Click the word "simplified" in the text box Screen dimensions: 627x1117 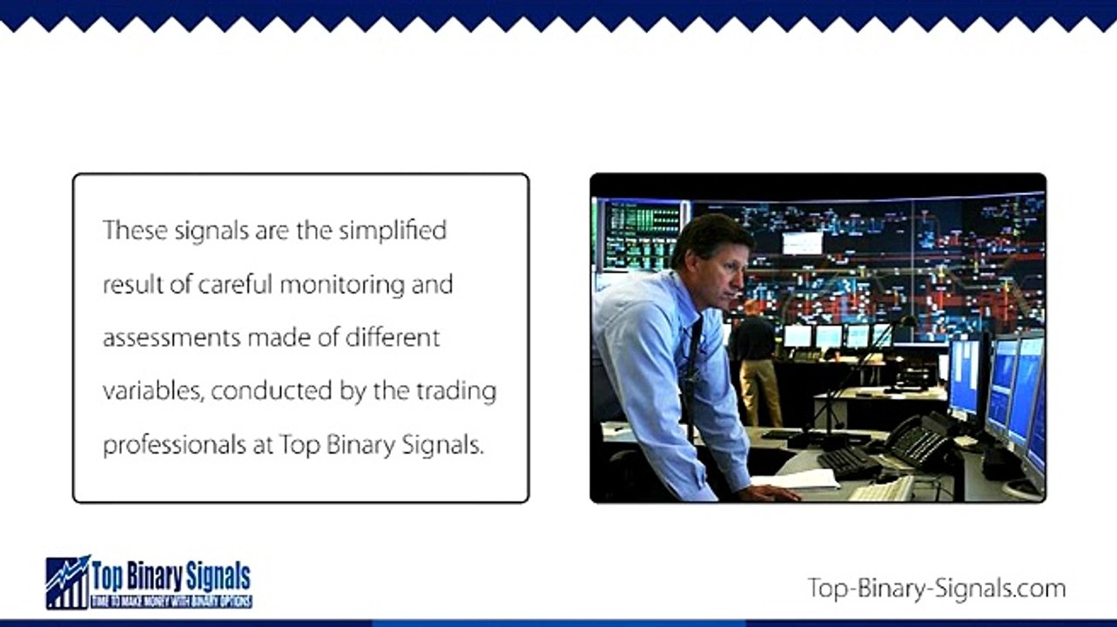(393, 231)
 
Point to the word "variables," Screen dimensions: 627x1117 (153, 391)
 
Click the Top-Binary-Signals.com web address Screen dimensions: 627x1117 (936, 588)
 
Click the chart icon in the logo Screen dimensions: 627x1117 (68, 582)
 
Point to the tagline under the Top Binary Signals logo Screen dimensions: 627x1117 (172, 602)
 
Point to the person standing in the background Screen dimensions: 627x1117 (755, 357)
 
